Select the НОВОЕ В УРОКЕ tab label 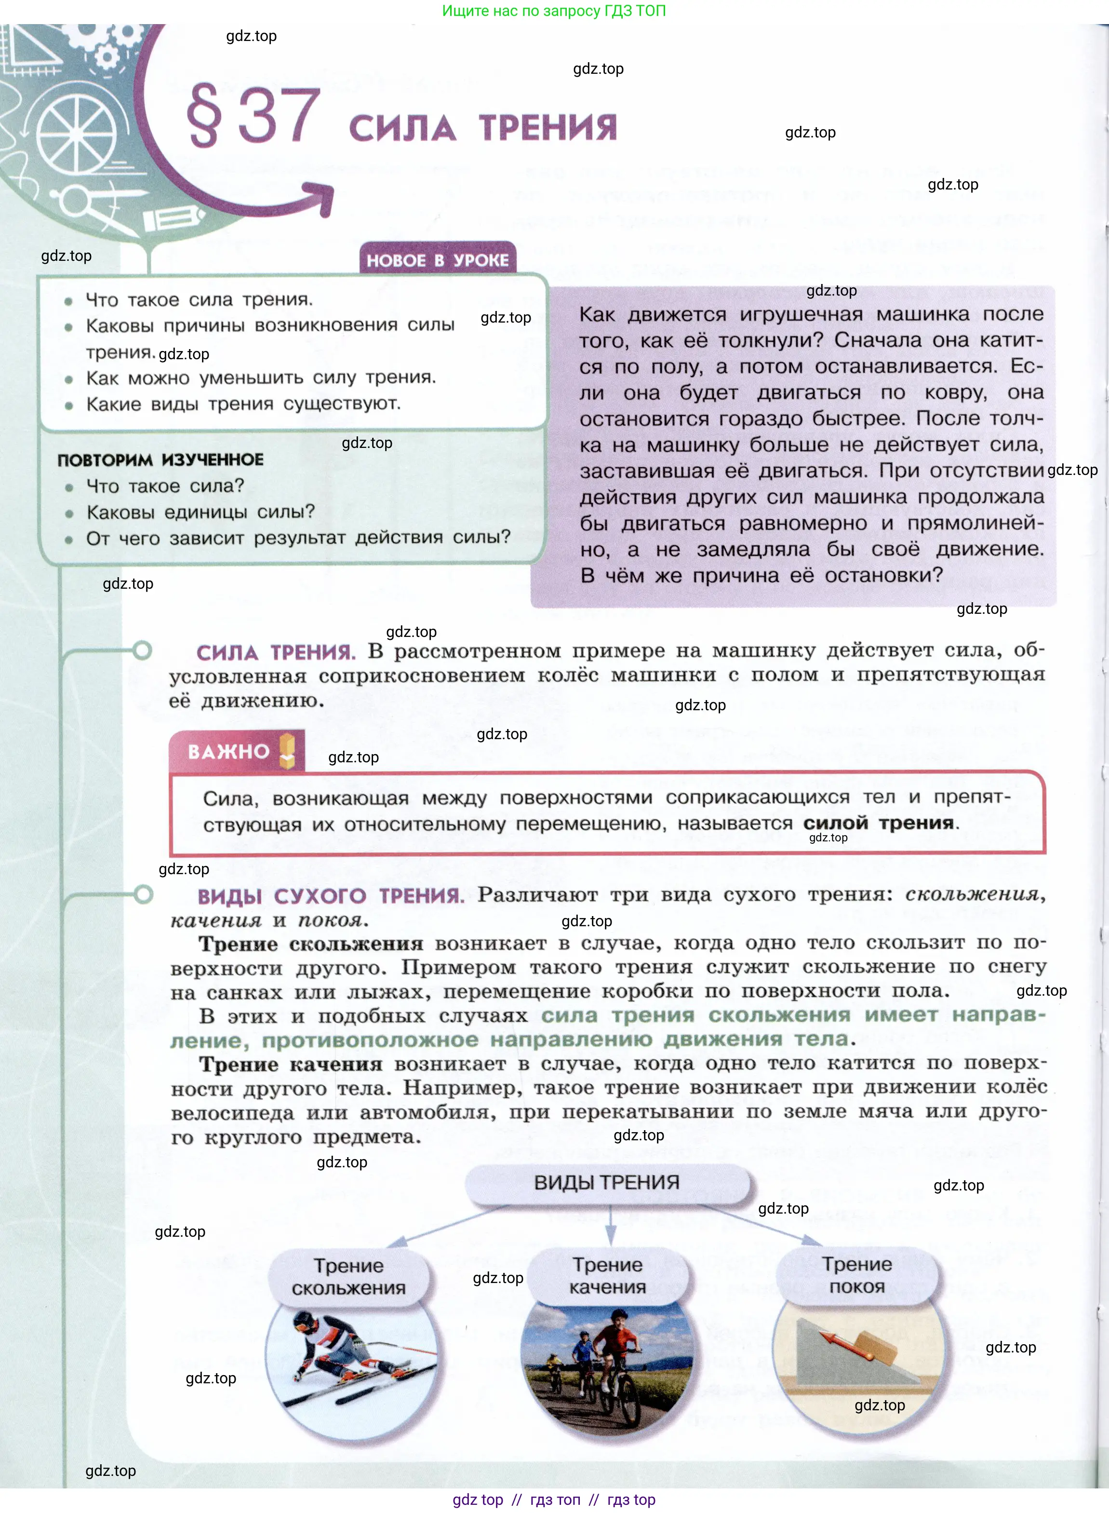coord(437,260)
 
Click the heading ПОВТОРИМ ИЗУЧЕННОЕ coord(160,460)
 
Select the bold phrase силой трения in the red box coord(878,822)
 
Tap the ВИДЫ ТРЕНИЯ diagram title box coord(607,1183)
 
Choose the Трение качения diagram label coord(608,1275)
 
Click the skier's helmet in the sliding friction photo coord(304,1322)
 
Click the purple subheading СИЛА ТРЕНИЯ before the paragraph coord(275,652)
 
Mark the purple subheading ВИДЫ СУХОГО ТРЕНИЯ coord(330,896)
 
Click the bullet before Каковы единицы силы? coord(69,513)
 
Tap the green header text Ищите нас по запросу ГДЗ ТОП coord(554,11)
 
